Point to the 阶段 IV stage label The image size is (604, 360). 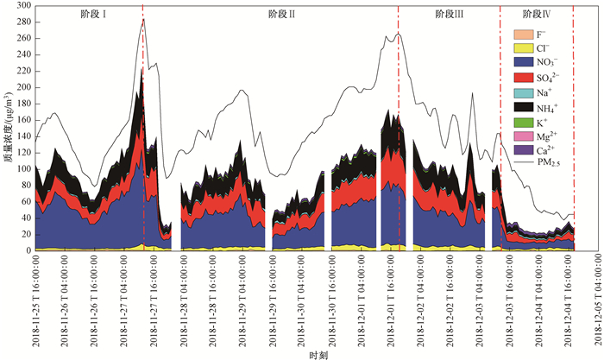coord(538,15)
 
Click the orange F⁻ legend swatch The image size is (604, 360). coord(524,35)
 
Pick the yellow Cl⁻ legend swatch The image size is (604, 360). coord(524,48)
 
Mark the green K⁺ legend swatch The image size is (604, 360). coord(524,121)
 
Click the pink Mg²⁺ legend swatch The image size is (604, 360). coord(524,136)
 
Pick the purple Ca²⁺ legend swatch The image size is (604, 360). coord(524,149)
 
